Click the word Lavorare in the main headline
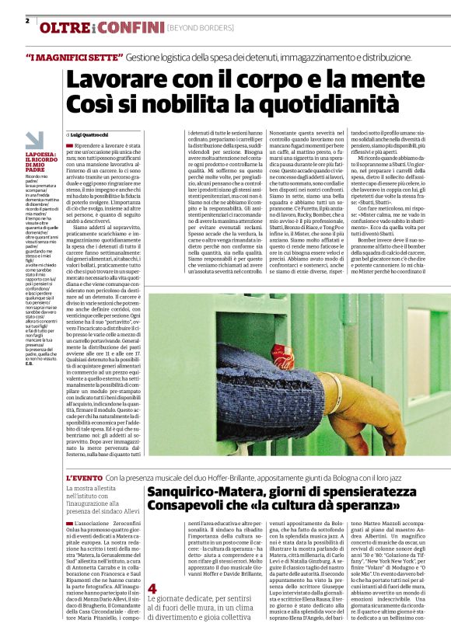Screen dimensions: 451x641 point(114,81)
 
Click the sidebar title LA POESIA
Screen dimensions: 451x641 point(40,155)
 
